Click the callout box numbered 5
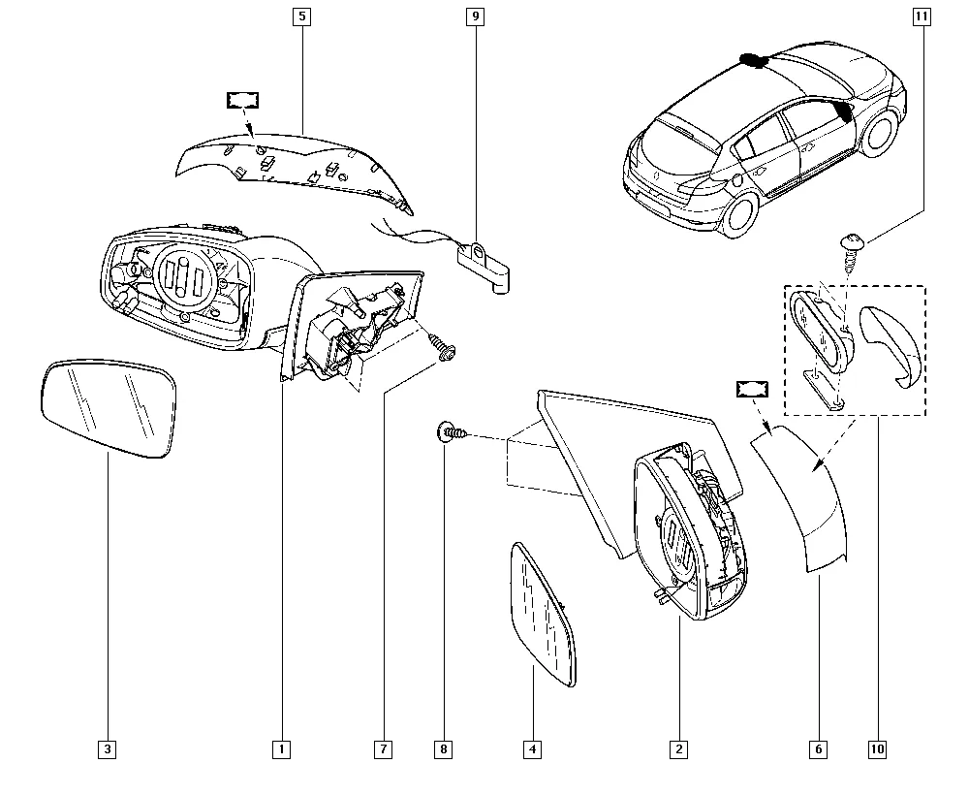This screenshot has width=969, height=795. click(x=301, y=16)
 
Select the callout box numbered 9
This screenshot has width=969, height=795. click(x=475, y=16)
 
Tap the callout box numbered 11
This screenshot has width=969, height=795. click(x=922, y=16)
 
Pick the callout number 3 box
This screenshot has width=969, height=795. click(x=108, y=749)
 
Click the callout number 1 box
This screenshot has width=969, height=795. click(x=281, y=749)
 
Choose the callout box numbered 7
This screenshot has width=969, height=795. click(x=383, y=749)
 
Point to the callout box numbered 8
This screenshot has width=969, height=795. click(x=444, y=749)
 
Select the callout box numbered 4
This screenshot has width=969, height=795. click(x=533, y=749)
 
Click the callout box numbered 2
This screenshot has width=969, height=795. click(x=678, y=749)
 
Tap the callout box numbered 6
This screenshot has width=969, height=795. click(x=818, y=749)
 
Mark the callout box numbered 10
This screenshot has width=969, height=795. click(x=878, y=749)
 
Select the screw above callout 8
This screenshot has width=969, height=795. click(x=453, y=431)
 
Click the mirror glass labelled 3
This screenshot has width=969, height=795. click(x=109, y=408)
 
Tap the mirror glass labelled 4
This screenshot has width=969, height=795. click(x=542, y=615)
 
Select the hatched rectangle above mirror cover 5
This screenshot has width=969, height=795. click(x=242, y=100)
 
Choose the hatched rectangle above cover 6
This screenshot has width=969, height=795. click(x=752, y=389)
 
